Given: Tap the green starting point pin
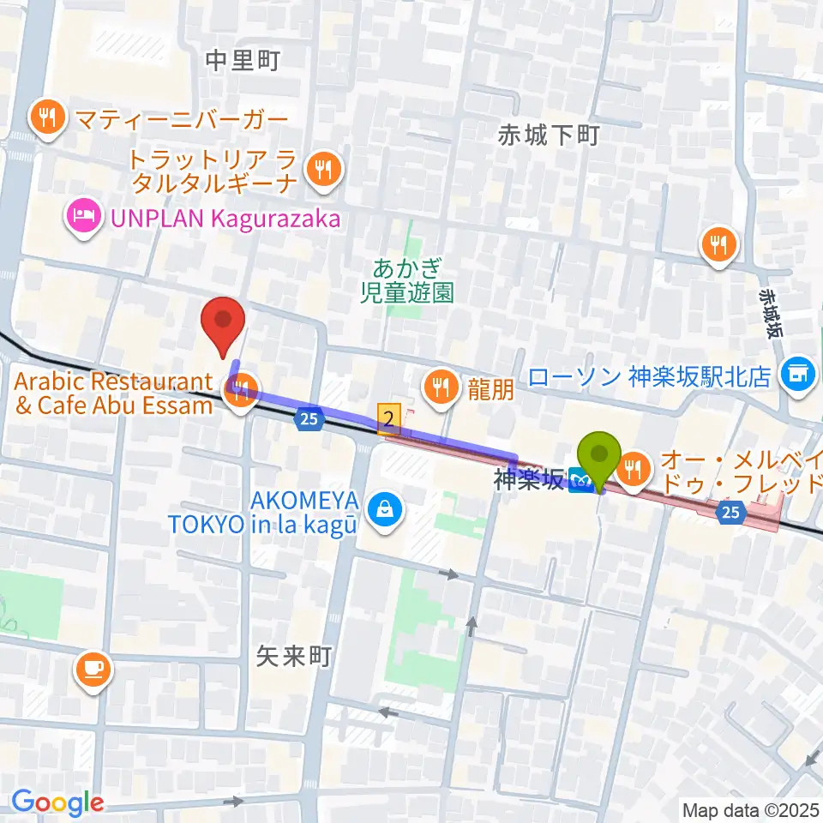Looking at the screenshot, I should point(600,459).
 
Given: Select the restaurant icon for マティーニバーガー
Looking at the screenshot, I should point(48,116).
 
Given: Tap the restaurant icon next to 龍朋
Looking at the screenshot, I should point(440,387).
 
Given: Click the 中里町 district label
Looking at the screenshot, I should point(243,61).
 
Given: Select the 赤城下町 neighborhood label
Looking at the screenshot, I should point(548,134).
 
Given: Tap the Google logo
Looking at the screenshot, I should point(57,802).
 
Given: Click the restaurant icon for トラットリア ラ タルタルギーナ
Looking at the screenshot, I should point(323,168).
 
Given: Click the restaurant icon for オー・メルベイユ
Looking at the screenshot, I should point(634,468).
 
